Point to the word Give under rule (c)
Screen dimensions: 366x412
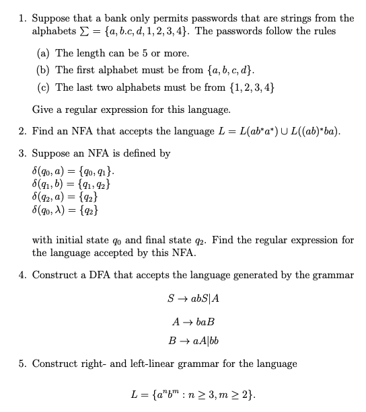pyautogui.click(x=43, y=110)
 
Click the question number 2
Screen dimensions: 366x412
pyautogui.click(x=21, y=131)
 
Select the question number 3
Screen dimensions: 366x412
pyautogui.click(x=21, y=153)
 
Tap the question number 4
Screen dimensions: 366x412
pyautogui.click(x=21, y=275)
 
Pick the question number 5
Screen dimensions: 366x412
pyautogui.click(x=21, y=364)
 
